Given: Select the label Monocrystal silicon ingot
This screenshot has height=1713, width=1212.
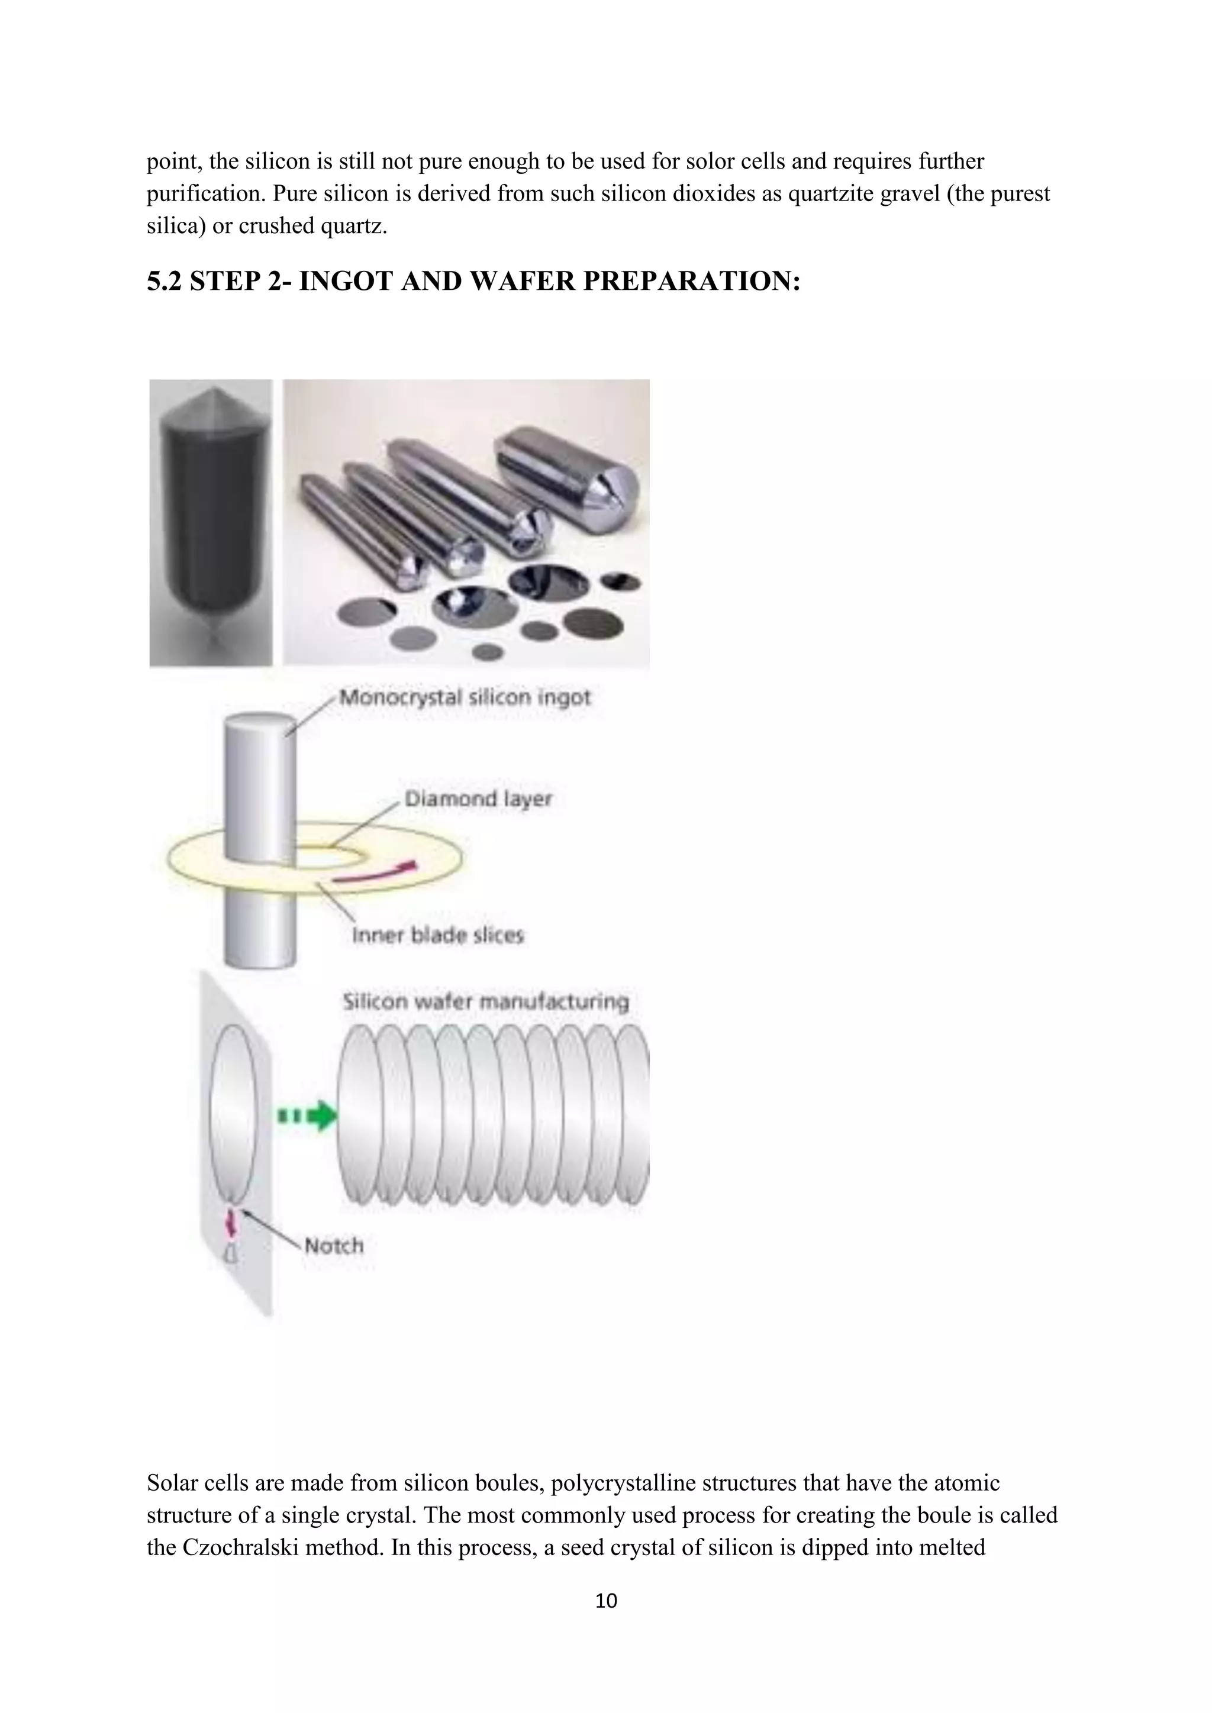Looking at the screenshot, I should (464, 697).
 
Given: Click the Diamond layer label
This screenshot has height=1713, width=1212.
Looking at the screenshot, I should (478, 799).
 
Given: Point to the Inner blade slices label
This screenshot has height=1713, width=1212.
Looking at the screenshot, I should (437, 935).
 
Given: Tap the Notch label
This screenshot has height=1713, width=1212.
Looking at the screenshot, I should (334, 1245).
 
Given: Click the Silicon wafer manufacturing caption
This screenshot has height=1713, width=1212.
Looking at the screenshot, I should (485, 1001).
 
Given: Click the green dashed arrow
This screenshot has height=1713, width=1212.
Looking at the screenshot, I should (307, 1116).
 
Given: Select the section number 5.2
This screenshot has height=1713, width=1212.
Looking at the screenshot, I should (163, 282).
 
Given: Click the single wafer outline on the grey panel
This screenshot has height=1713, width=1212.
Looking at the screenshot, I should (234, 1114).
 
